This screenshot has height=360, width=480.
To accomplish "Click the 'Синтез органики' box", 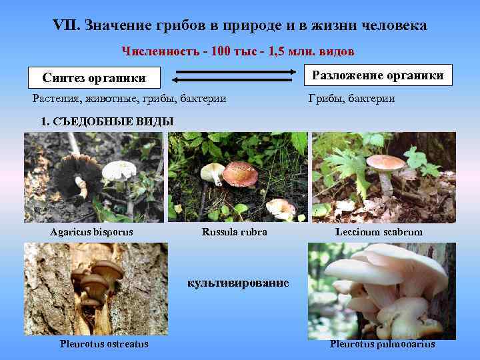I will click(x=94, y=77).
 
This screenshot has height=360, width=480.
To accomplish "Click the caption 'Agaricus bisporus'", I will click(x=91, y=232).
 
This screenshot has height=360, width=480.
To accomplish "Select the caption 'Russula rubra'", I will click(x=234, y=232).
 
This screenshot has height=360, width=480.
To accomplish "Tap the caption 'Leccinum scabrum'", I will click(x=379, y=232).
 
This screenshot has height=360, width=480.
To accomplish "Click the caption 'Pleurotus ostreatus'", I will click(x=104, y=344).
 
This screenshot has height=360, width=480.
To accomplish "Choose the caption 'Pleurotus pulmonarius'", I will click(x=382, y=344).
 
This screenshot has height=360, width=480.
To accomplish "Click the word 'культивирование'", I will click(x=238, y=283).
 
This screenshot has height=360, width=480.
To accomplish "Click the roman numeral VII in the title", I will click(x=65, y=26).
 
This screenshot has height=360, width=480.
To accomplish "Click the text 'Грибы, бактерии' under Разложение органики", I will click(x=351, y=99).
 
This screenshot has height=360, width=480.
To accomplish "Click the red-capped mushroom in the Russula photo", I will click(x=240, y=173).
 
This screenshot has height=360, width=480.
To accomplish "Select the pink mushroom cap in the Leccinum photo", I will click(x=385, y=162).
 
